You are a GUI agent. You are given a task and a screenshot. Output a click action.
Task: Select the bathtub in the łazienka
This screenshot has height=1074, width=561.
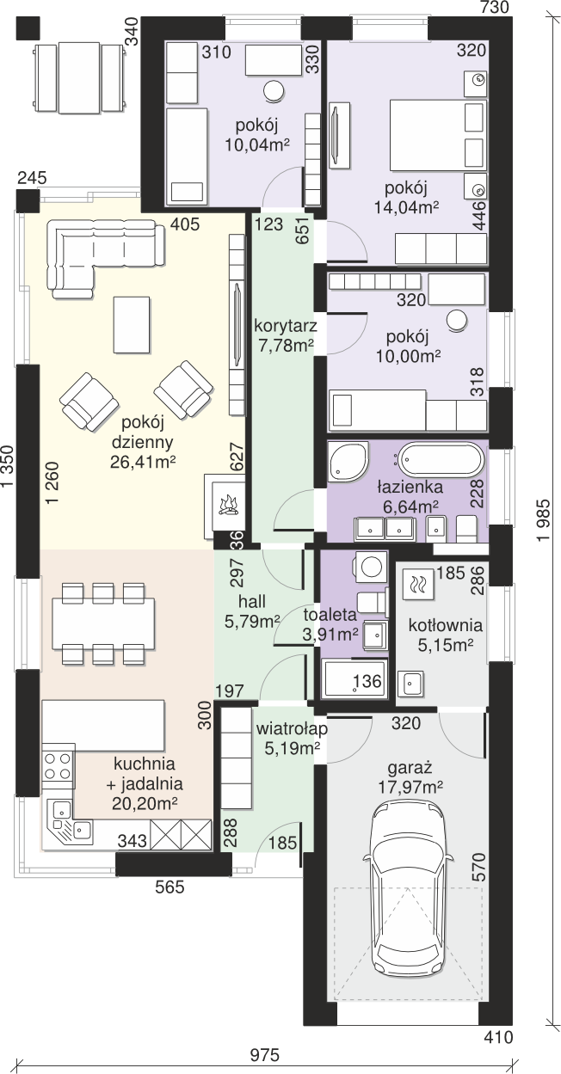click(441, 460)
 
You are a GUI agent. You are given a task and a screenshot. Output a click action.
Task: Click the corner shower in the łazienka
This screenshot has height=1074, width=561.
click(348, 461)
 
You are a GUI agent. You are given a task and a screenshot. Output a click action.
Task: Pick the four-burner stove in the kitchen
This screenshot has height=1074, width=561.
click(58, 765)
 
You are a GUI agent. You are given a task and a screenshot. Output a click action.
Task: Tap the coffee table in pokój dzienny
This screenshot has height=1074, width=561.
click(132, 324)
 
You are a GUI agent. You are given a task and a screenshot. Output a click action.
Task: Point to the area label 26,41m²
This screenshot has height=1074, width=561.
click(143, 462)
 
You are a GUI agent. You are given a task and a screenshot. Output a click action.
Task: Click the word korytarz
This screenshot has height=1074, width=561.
click(286, 327)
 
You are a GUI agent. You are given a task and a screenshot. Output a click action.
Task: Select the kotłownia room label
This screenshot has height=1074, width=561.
click(446, 625)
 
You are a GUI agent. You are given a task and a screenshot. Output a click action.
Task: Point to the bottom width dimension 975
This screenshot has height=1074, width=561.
click(264, 1055)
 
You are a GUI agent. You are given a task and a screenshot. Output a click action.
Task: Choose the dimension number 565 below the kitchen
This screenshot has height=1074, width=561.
click(170, 887)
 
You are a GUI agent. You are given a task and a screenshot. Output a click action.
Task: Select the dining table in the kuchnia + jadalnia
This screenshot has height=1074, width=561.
click(103, 623)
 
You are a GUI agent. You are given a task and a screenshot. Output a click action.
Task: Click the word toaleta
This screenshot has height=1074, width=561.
click(330, 614)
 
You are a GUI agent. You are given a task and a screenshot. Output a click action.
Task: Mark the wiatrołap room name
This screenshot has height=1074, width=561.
click(292, 728)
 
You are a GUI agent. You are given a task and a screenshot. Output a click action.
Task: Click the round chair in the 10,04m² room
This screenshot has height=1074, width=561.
click(274, 90)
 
